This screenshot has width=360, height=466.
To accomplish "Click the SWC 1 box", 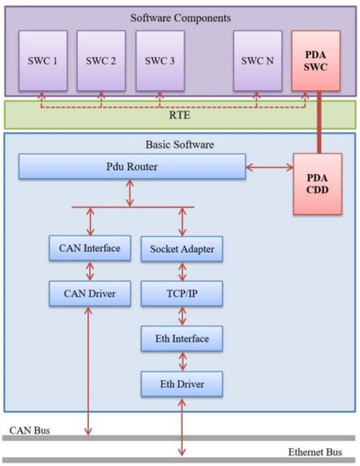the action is point(43,61).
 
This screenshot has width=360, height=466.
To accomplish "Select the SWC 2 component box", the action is point(101,61).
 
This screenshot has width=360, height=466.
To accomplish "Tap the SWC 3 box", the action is point(160,61).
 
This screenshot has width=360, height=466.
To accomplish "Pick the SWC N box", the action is point(258,61).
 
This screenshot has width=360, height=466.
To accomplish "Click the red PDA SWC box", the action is point(316,61).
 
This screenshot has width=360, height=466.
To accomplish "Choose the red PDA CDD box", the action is point(318,184).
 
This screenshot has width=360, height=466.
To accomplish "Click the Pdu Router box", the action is point(132,166).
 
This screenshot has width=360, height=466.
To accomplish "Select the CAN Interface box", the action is point(90,248).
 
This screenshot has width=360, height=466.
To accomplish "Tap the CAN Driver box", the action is point(90,294).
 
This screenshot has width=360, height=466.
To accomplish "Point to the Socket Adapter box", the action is point(182,249).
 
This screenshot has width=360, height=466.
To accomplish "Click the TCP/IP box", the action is point(182,294).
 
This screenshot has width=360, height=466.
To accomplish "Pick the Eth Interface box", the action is point(182,339).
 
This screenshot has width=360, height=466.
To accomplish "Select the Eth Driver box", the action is point(182,384).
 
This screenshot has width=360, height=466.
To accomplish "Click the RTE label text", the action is point(180,115).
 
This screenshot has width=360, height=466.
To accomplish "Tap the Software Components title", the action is point(181,18).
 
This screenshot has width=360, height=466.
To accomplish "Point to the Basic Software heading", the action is point(180,145).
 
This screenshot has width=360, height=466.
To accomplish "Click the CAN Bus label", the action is point(29,430).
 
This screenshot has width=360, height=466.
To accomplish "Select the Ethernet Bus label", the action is point(315,453).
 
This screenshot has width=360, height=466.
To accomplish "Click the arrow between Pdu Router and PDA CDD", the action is point(270,167).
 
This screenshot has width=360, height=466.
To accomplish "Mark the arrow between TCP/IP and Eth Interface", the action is point(182,316).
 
